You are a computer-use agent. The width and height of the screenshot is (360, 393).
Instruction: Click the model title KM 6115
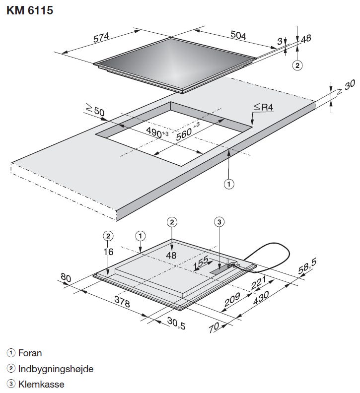[30, 10]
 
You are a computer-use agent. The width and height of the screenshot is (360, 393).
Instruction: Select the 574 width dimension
[101, 38]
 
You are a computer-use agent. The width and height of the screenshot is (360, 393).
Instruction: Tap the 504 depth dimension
[238, 35]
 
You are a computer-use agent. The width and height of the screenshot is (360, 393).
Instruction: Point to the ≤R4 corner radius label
[263, 107]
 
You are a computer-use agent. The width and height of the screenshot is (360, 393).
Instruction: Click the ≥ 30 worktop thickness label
[346, 87]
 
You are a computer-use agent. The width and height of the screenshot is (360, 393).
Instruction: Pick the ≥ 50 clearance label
[95, 110]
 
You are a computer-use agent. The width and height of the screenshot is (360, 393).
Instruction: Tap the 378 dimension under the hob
[122, 301]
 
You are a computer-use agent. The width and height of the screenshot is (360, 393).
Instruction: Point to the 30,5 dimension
[176, 324]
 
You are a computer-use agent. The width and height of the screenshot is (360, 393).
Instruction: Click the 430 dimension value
[261, 298]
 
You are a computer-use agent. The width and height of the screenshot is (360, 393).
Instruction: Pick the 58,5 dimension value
[307, 266]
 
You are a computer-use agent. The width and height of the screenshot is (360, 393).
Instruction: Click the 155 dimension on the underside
[201, 262]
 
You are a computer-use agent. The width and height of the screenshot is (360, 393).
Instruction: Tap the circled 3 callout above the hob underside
[219, 222]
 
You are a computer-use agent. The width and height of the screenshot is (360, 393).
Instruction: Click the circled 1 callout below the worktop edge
[228, 184]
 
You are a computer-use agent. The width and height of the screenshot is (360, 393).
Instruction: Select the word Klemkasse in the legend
[41, 384]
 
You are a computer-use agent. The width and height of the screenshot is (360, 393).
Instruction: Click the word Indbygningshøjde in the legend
[56, 369]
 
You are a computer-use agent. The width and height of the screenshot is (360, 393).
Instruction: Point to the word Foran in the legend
[30, 353]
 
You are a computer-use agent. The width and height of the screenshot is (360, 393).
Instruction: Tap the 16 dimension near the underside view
[108, 252]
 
